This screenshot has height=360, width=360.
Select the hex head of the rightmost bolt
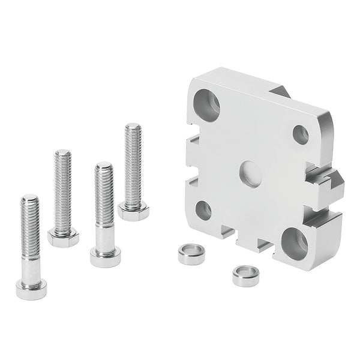[133, 211]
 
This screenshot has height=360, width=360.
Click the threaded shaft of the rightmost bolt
[133, 162]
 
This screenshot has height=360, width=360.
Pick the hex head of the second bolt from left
[63, 238]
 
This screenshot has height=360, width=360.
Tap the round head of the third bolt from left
[105, 256]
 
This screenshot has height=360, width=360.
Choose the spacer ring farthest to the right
[246, 275]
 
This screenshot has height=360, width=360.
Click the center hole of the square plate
[250, 174]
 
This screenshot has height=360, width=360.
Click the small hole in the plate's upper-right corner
[301, 134]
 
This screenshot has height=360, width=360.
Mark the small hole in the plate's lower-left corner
[203, 210]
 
